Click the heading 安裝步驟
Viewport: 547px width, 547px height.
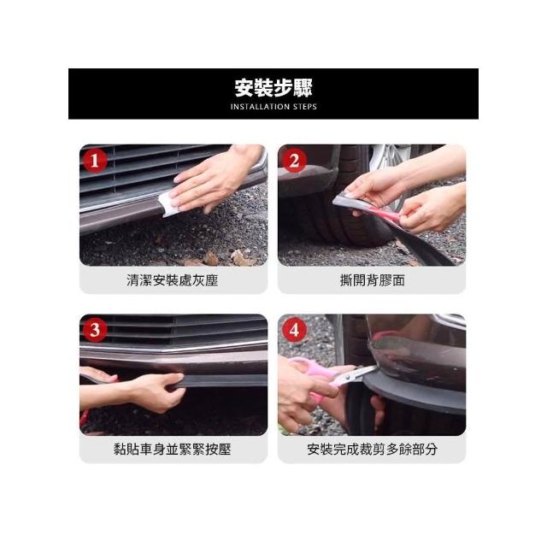[x=273, y=88]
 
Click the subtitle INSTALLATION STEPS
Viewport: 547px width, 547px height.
[x=273, y=107]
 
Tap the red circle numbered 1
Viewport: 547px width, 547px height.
[x=95, y=161]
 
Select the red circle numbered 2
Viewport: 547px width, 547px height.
[x=294, y=161]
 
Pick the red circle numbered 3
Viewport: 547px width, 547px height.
[x=95, y=330]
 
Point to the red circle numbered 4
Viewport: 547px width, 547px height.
[x=294, y=330]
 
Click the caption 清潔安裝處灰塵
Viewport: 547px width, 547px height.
[x=173, y=280]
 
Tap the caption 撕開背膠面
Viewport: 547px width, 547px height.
[x=373, y=280]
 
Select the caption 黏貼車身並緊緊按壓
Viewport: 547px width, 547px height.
[x=173, y=450]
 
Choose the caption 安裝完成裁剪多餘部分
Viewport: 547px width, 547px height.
[x=373, y=450]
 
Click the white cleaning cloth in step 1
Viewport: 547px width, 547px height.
[x=168, y=204]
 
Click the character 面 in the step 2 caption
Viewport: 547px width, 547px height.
[x=399, y=280]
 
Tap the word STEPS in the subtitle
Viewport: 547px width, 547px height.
[x=304, y=107]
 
